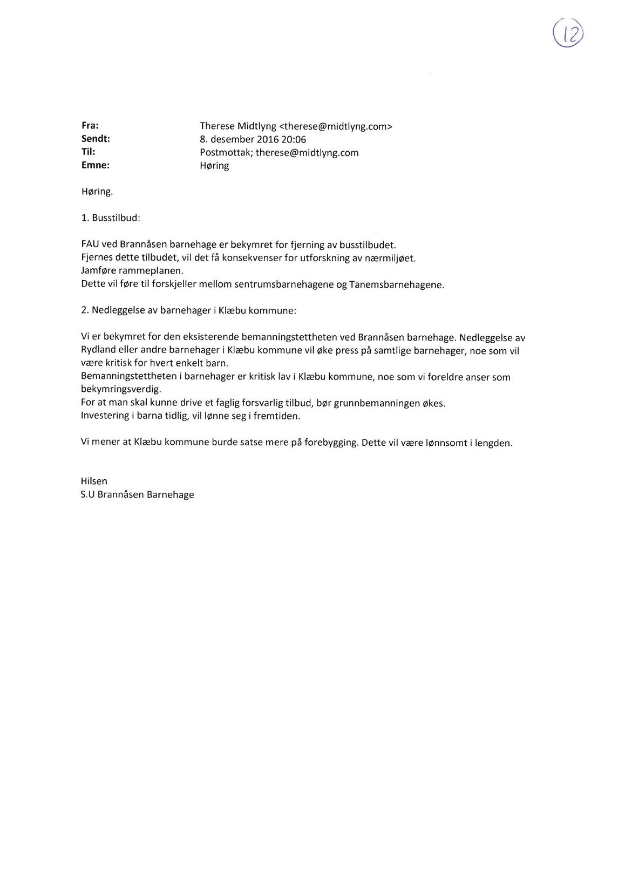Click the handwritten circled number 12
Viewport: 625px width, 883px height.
pyautogui.click(x=568, y=34)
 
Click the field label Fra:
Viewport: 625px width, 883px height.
pyautogui.click(x=90, y=126)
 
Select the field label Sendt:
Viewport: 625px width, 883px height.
pyautogui.click(x=96, y=139)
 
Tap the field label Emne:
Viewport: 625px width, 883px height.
pyautogui.click(x=95, y=166)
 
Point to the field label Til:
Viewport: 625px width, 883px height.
pyautogui.click(x=88, y=152)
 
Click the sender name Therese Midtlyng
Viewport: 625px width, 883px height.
pyautogui.click(x=237, y=126)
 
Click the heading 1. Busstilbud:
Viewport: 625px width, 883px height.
pyautogui.click(x=111, y=219)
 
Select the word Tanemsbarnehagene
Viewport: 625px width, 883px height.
pyautogui.click(x=397, y=284)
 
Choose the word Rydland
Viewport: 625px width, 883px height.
pyautogui.click(x=99, y=350)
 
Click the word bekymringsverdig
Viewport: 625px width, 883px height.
pyautogui.click(x=121, y=389)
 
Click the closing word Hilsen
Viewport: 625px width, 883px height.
pyautogui.click(x=94, y=481)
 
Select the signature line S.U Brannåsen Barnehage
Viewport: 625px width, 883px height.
pyautogui.click(x=137, y=494)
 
